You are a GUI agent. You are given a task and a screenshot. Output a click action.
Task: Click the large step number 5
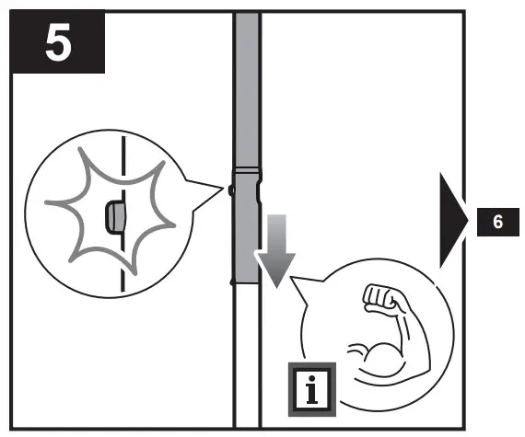click(x=58, y=42)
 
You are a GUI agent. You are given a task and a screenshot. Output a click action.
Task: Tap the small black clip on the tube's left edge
click(x=231, y=190)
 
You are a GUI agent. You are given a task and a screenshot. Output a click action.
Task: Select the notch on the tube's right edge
click(x=261, y=192)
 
